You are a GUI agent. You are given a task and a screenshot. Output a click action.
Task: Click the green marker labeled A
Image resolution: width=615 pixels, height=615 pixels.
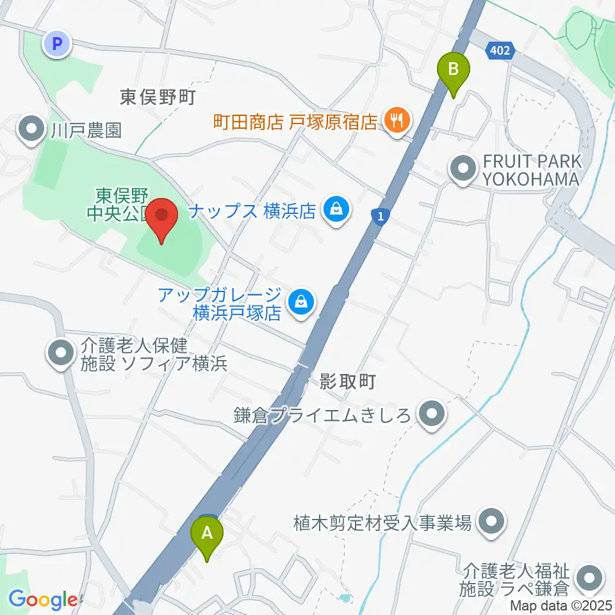pos(207,533)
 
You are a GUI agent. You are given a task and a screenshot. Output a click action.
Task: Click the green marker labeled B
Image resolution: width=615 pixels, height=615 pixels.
pos(454,69)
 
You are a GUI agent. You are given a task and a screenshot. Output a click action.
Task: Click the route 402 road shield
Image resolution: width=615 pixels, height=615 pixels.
pos(500,51)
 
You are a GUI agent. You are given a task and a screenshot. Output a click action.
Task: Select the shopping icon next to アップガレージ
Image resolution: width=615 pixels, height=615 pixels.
pos(299,300)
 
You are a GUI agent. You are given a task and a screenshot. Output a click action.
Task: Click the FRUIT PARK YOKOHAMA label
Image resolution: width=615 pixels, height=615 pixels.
pos(532,169)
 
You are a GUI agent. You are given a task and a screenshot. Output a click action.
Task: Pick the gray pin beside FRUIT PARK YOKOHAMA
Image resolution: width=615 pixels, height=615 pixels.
pos(463,170)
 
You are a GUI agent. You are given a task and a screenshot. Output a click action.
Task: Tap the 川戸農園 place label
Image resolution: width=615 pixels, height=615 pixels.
pos(86,131)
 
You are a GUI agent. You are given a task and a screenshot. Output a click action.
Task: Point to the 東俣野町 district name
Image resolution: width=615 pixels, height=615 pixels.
pos(157,97)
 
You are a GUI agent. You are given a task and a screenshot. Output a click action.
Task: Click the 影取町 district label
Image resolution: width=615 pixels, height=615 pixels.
pos(347,382)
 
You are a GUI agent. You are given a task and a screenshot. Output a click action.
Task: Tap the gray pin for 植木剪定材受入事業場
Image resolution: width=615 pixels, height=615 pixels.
pos(492,522)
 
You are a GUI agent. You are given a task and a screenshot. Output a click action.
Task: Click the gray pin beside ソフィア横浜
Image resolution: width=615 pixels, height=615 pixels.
pos(61,354)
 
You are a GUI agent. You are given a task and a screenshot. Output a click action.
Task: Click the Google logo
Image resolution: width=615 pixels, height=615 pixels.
pos(42,600)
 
